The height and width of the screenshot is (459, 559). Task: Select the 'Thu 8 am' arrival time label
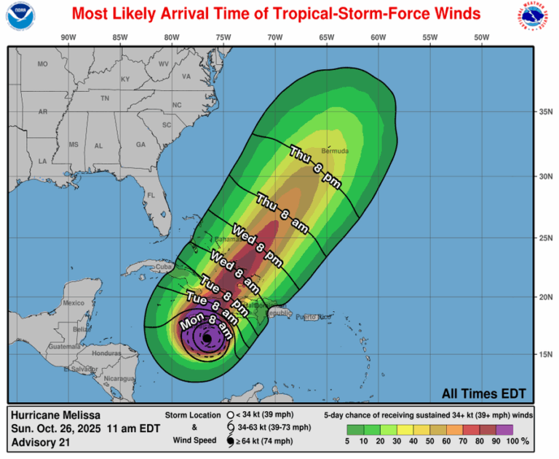click(x=282, y=213)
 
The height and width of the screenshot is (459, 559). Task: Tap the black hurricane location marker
click(x=207, y=339)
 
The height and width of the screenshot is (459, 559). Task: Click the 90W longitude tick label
click(x=68, y=37)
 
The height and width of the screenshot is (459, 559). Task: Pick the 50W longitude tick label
click(x=480, y=37)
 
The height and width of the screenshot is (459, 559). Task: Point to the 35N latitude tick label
click(x=542, y=112)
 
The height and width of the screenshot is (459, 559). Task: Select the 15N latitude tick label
click(x=542, y=355)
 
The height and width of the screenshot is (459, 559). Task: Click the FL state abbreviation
click(x=151, y=195)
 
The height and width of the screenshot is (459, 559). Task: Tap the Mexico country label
click(x=74, y=302)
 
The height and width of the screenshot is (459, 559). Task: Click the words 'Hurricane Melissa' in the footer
click(x=53, y=414)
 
